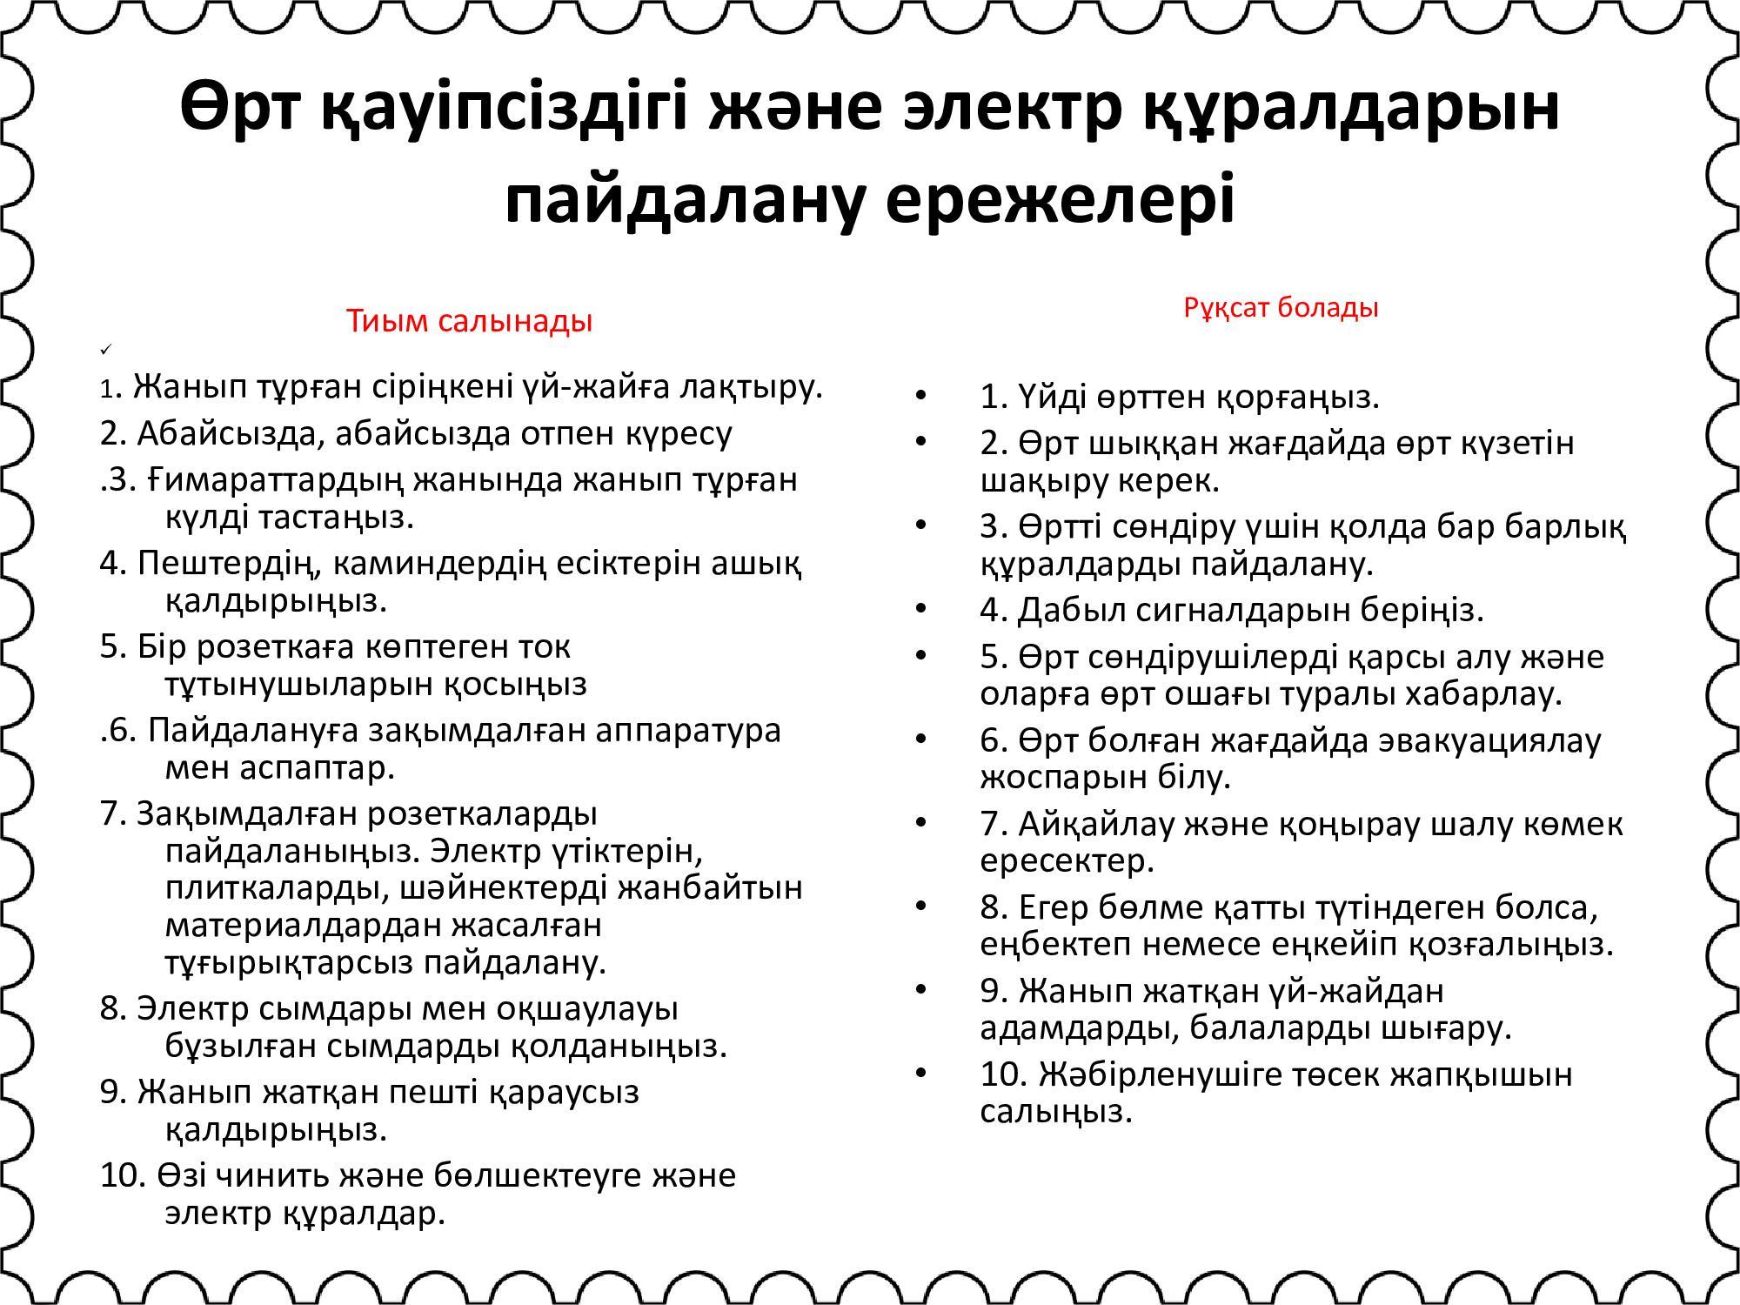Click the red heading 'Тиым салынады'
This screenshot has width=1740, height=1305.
coord(469,321)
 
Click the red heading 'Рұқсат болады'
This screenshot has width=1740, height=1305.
coord(1281,307)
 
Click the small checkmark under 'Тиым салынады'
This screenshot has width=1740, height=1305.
coord(105,350)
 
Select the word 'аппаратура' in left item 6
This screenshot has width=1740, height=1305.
coord(687,730)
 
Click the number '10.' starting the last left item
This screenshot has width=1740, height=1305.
coord(123,1176)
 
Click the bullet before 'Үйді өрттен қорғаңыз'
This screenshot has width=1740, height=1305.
coord(921,398)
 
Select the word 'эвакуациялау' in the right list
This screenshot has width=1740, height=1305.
coord(1489,740)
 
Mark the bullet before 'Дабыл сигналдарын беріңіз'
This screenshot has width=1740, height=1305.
coord(921,610)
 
